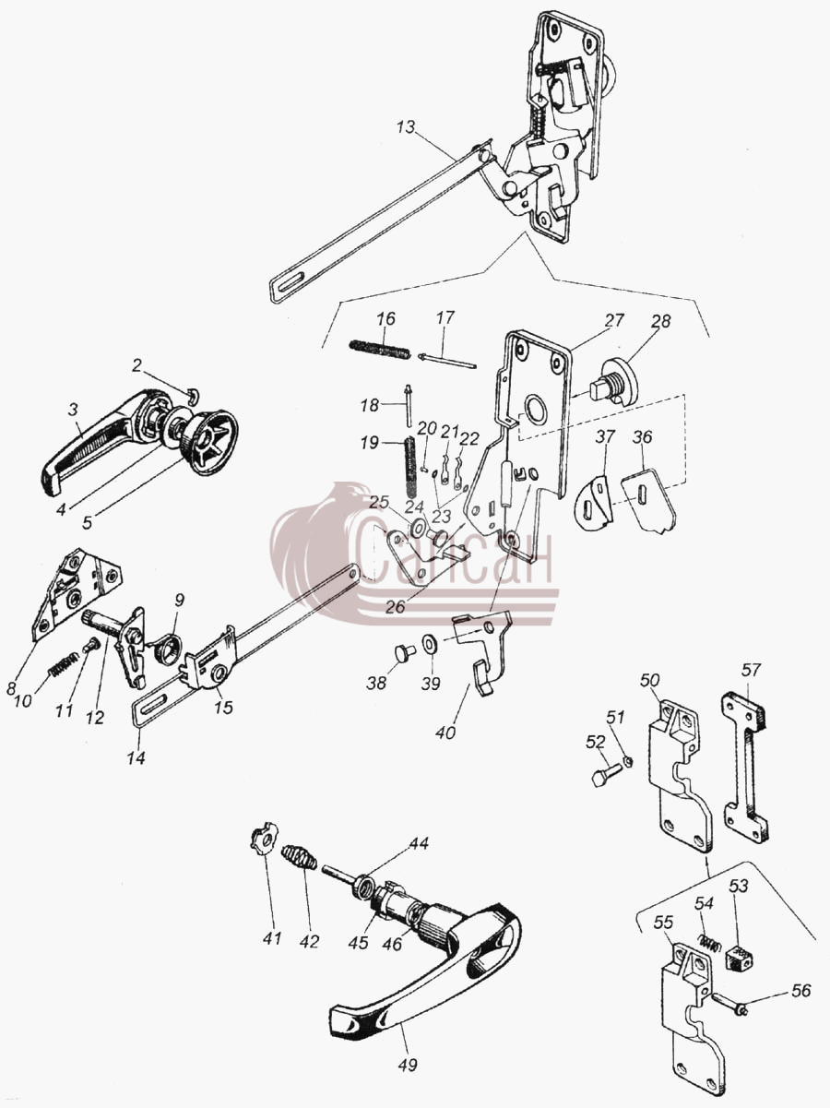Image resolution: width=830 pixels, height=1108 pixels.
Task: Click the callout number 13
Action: (x=406, y=126)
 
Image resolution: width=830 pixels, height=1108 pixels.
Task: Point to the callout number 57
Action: (x=752, y=670)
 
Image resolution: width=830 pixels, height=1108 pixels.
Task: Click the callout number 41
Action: (x=271, y=938)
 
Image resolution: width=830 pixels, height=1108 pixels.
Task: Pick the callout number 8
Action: (x=11, y=687)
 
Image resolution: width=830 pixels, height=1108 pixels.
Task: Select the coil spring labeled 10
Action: (x=64, y=664)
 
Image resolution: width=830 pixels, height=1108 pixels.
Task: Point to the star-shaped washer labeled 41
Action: (x=262, y=840)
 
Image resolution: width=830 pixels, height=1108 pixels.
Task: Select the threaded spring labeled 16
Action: (x=379, y=350)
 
